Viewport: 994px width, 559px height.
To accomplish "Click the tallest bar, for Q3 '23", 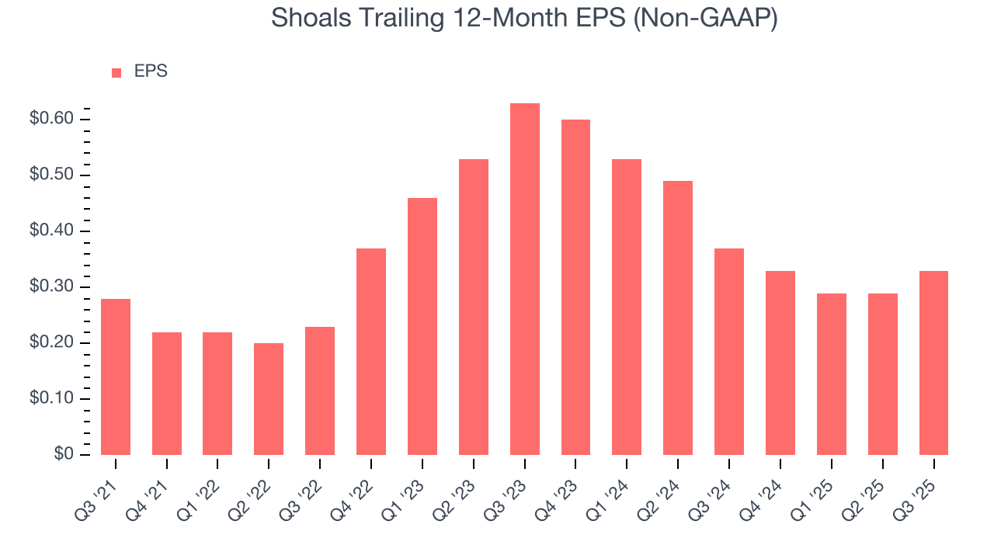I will (524, 279).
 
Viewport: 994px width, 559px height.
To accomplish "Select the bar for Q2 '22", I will (269, 399).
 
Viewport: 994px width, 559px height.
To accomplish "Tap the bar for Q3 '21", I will (116, 377).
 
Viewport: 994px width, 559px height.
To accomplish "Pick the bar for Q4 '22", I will (371, 352).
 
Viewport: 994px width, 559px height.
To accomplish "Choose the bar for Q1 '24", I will (627, 307).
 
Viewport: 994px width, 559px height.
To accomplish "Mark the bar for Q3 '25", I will (933, 363).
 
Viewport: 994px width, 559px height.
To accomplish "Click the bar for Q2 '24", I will (678, 318).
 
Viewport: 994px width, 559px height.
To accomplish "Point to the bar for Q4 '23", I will (575, 287).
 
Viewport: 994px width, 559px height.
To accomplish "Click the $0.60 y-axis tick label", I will (51, 119).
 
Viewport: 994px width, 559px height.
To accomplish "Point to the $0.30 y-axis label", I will (51, 287).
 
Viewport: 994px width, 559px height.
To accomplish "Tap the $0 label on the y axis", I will (64, 455).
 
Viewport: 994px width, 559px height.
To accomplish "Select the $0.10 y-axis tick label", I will (51, 399).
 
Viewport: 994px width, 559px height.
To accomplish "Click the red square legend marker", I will (116, 72).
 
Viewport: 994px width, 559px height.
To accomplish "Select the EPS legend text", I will (151, 71).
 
